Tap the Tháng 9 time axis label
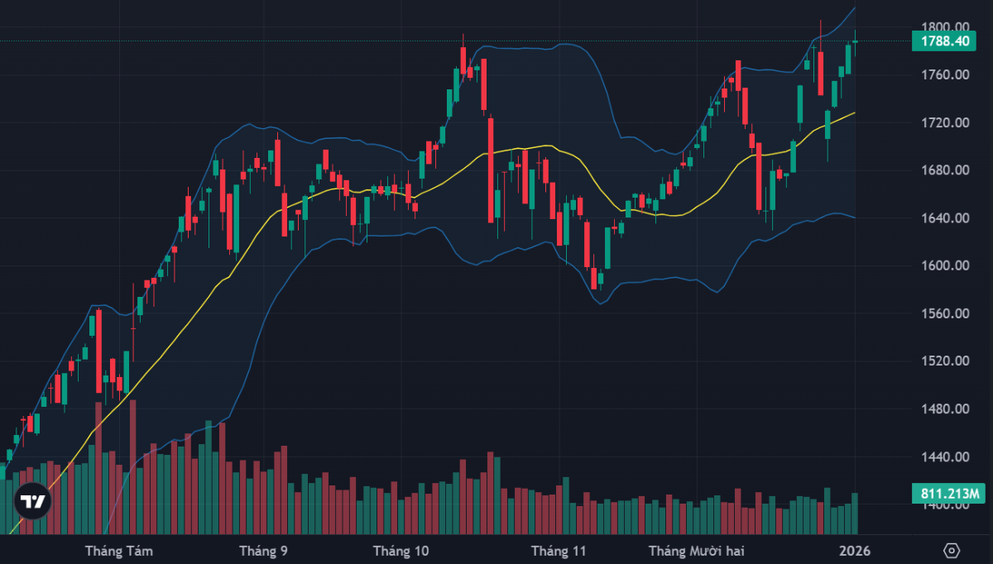coord(263,551)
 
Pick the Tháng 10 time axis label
coord(401,551)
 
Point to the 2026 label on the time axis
coord(854,551)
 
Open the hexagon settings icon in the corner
coord(952,551)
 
